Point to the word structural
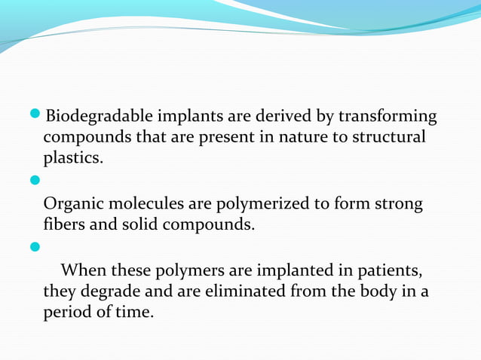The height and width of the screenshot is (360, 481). pos(384,139)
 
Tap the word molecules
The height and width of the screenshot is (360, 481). pos(145,204)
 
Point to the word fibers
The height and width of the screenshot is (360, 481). pos(64,225)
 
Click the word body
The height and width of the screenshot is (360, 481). pos(375,291)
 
